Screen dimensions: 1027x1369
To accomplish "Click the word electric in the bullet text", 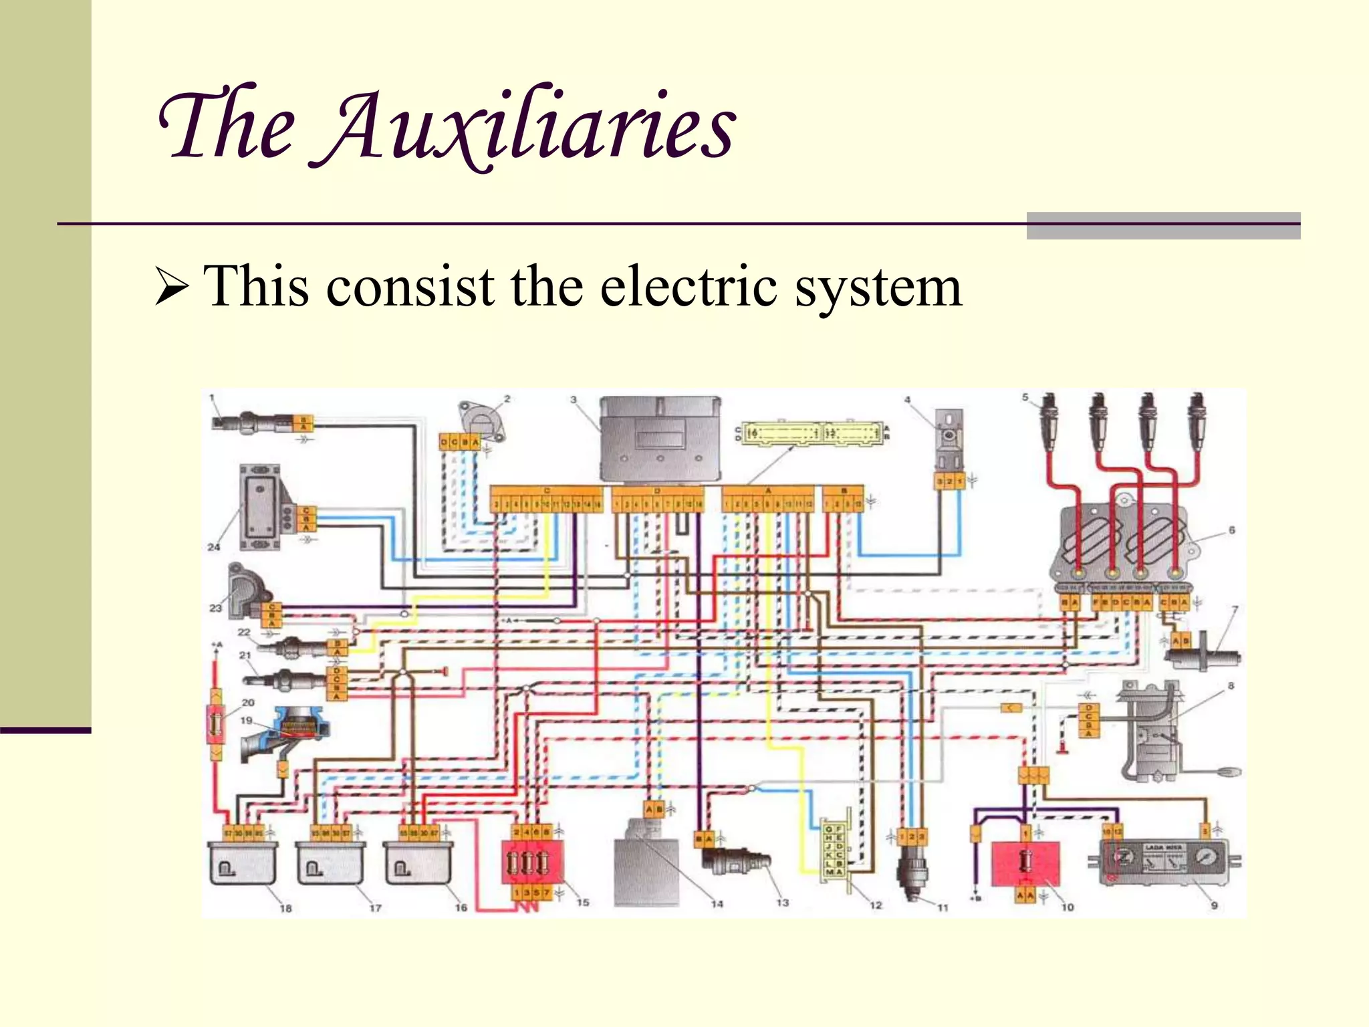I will [689, 288].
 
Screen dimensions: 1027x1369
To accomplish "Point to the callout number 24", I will [213, 547].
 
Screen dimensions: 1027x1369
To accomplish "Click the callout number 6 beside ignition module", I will [1231, 530].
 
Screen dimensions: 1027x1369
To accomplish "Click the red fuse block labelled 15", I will [532, 863].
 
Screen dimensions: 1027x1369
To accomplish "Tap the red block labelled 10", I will [1025, 863].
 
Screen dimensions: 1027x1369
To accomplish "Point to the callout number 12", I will [876, 905].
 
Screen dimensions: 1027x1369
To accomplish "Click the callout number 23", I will [215, 608].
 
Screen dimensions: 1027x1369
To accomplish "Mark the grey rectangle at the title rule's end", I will [1163, 225].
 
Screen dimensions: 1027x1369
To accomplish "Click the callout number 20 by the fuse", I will [248, 703].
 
